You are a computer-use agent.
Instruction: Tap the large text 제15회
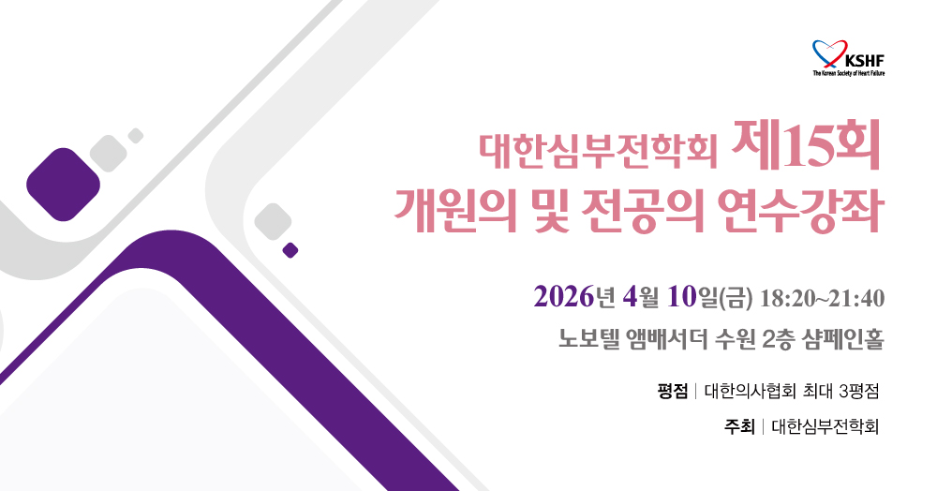pos(806,145)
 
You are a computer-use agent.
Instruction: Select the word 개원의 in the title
pos(455,210)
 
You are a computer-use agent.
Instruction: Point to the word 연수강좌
pos(799,210)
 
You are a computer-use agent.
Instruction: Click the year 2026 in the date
pos(564,297)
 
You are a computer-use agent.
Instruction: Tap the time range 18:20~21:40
pos(822,298)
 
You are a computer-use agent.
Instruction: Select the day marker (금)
pos(736,298)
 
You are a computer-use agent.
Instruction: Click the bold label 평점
pos(672,392)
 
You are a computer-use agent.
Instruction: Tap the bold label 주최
pos(740,426)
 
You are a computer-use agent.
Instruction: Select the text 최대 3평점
pos(841,392)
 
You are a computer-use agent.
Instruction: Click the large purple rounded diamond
pos(63,185)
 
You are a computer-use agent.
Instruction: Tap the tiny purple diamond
pos(290,250)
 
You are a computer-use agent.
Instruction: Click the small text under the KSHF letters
pos(849,73)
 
